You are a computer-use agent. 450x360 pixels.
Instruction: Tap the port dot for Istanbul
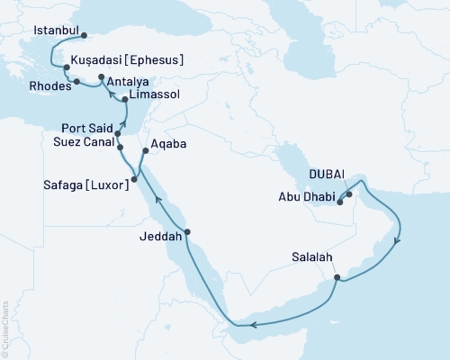click(x=84, y=37)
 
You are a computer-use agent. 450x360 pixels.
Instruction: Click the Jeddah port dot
click(x=188, y=232)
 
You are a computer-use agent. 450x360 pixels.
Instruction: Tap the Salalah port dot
click(x=337, y=277)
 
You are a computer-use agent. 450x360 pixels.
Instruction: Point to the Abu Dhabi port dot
click(x=339, y=202)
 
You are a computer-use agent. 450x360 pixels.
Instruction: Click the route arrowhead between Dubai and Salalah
click(x=398, y=239)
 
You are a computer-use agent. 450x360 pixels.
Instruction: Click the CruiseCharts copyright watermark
click(x=5, y=324)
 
